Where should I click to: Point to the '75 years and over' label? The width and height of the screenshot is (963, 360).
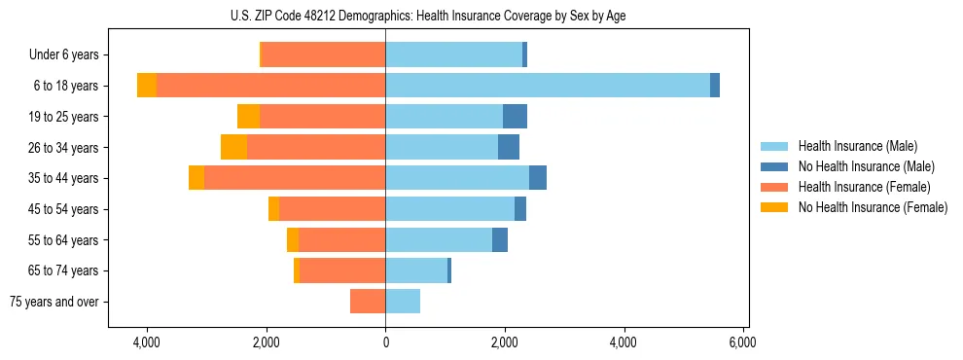point(54,302)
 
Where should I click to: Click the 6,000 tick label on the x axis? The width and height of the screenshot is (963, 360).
point(742,343)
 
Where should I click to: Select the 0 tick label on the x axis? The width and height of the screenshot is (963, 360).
point(385,343)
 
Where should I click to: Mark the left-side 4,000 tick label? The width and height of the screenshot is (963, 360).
point(147,343)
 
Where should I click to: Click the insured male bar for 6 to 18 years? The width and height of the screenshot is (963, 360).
point(548,86)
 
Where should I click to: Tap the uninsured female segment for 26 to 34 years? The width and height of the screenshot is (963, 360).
point(233,147)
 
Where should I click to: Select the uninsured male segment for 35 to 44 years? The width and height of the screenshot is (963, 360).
point(538,178)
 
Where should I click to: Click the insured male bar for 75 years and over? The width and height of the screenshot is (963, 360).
point(403,302)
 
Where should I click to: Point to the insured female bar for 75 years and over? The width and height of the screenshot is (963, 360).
point(368,302)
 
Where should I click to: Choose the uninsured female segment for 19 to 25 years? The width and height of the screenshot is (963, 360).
point(248,117)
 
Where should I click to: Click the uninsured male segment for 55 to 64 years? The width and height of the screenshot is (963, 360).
point(500,239)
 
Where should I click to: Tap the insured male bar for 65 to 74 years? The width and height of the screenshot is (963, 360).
point(416,270)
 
